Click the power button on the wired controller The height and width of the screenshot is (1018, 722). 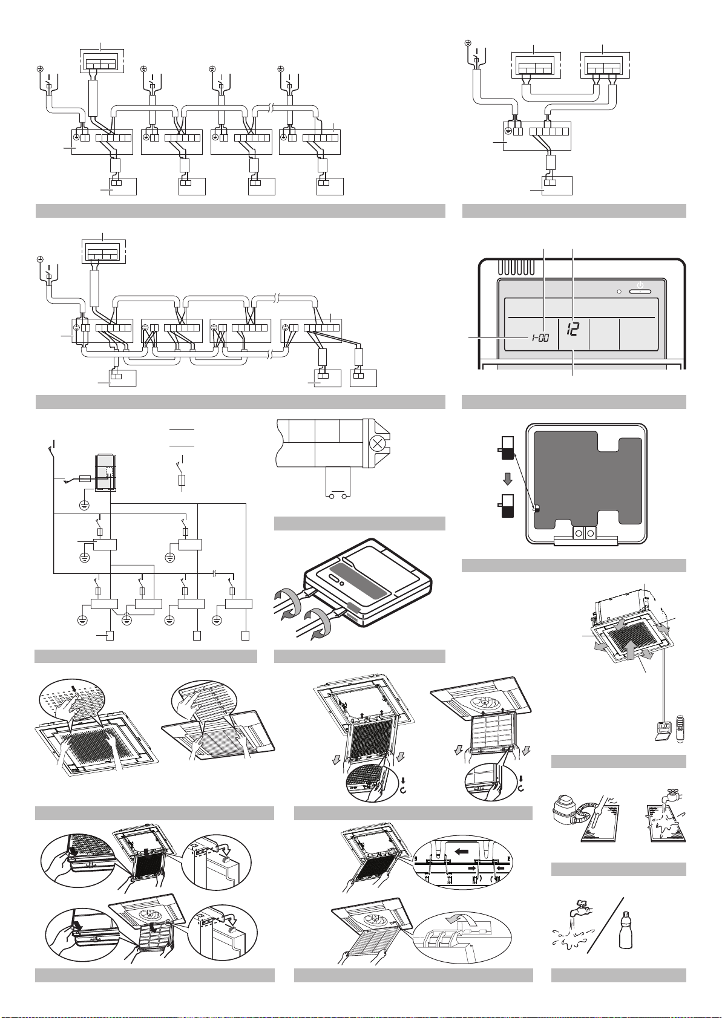point(640,290)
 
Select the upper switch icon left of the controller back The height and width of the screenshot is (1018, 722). point(507,450)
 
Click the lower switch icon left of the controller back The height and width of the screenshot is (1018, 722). point(507,506)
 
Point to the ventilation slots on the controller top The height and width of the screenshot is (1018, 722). point(517,266)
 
